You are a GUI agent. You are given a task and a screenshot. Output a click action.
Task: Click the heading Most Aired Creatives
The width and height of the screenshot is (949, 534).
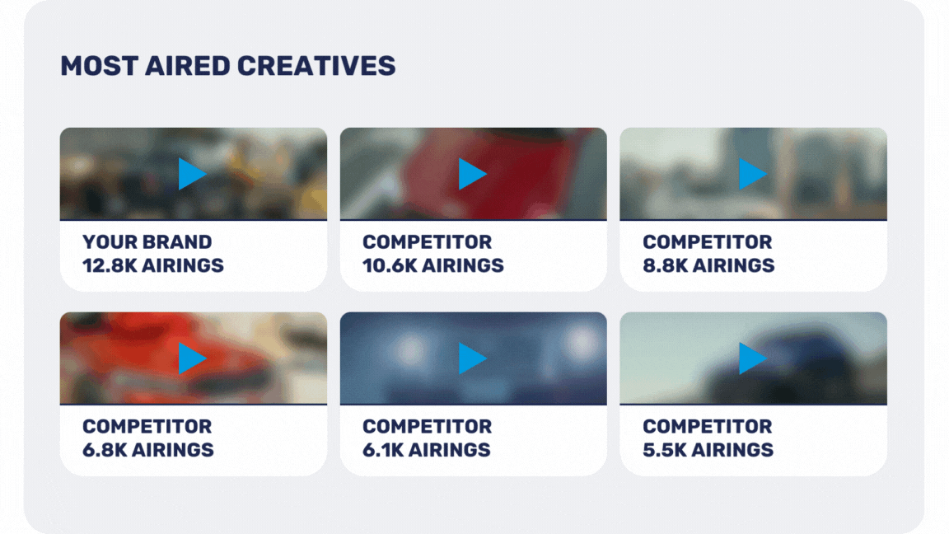tap(227, 66)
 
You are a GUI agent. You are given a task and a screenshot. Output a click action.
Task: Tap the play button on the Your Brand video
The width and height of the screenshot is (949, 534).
tap(191, 174)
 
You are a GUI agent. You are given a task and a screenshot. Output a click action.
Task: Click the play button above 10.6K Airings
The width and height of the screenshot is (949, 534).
tap(471, 174)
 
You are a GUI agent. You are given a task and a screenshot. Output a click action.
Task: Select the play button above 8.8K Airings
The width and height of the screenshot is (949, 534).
tap(752, 174)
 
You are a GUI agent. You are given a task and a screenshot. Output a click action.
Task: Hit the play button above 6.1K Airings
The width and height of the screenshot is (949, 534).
tap(471, 358)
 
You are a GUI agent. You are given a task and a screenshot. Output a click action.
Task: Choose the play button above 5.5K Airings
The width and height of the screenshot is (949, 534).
tap(752, 358)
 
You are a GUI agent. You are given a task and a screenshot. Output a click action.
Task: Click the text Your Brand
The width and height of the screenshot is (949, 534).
tap(147, 242)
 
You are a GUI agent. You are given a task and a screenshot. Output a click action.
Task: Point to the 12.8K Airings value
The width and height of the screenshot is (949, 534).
tap(153, 266)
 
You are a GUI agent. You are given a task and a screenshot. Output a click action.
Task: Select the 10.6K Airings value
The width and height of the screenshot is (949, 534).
tap(433, 266)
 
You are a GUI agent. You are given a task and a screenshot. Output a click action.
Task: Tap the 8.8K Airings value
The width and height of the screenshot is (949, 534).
tap(708, 266)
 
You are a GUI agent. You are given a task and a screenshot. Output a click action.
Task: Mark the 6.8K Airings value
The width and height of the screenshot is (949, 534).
tap(148, 451)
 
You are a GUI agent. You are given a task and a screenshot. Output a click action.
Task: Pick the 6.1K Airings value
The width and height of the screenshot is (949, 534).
tap(427, 451)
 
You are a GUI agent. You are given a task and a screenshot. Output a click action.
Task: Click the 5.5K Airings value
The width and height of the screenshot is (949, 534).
tap(708, 451)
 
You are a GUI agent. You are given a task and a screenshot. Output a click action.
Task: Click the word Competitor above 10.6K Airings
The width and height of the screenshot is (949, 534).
tap(428, 242)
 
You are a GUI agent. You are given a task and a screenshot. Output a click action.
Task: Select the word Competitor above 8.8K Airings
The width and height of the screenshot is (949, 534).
tap(708, 242)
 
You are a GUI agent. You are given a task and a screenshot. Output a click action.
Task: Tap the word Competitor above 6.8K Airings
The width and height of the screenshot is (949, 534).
tap(147, 427)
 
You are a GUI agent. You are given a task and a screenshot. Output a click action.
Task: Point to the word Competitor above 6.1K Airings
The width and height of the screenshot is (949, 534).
tap(428, 427)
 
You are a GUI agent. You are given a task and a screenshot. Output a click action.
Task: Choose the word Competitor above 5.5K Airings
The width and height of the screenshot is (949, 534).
tap(708, 427)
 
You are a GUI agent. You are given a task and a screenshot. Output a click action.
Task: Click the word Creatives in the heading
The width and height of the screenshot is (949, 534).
tap(316, 66)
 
